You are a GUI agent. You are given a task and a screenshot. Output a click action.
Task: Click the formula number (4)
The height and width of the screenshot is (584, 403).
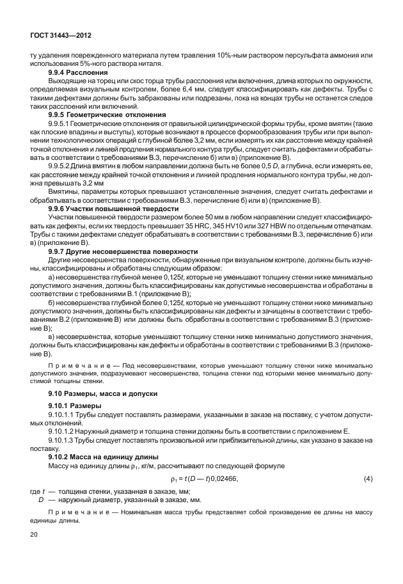point(368,478)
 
